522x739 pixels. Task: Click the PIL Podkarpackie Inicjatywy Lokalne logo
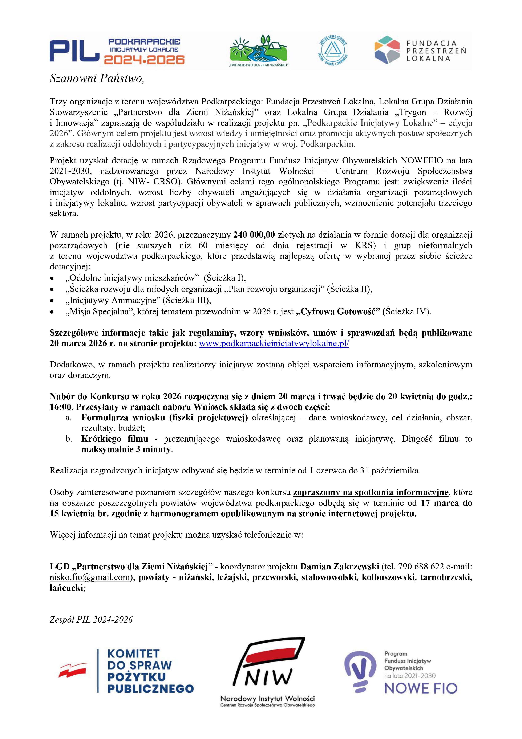click(117, 51)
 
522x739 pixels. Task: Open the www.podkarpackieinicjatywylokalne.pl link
click(274, 343)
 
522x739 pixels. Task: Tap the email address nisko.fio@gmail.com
click(89, 577)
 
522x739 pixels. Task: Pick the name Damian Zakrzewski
click(340, 567)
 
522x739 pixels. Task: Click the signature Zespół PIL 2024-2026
click(91, 620)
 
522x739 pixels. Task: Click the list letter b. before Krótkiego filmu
click(69, 439)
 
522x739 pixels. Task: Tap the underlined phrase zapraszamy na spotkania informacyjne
click(371, 492)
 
